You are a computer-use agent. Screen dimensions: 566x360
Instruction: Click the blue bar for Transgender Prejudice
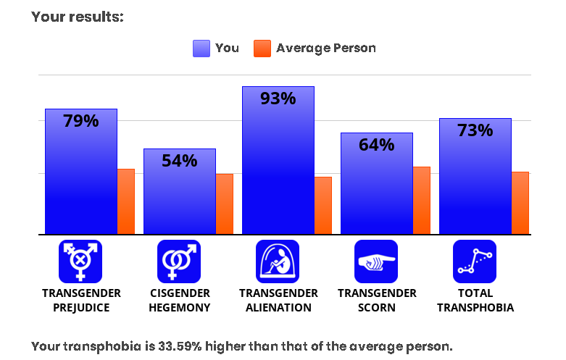point(81,172)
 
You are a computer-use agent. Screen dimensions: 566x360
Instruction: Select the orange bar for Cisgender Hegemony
point(225,204)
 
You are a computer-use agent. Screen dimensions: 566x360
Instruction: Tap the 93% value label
point(278,99)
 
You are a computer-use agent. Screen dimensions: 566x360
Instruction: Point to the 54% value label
point(180,161)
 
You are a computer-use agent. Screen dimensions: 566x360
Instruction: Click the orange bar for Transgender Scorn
point(422,201)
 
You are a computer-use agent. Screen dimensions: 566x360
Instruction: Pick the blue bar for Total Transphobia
point(475,177)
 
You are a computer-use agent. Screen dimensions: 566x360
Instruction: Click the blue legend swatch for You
point(201,49)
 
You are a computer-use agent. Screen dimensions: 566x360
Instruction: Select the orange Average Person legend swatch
point(262,49)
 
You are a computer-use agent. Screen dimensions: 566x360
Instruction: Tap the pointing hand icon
point(376,261)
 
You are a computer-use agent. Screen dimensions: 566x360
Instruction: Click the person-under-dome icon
point(278,261)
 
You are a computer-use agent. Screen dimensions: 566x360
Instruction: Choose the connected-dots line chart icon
point(475,261)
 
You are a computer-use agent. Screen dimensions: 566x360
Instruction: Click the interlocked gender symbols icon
point(179,261)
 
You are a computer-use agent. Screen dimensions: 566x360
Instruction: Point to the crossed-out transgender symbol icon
point(80,261)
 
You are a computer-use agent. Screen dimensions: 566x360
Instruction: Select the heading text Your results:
point(78,17)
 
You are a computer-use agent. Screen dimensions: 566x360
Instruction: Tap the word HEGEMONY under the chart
point(180,308)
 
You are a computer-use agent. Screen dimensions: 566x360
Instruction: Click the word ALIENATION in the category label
point(278,308)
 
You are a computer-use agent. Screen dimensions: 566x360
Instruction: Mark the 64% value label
point(377,145)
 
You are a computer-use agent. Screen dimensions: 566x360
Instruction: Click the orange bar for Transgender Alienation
point(323,206)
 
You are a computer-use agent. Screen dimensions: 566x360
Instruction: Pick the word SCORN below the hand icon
point(377,308)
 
